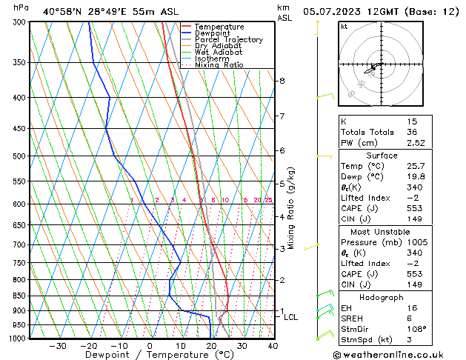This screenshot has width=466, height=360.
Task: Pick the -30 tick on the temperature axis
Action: click(58, 346)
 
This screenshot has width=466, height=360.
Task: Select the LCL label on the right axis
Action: click(291, 318)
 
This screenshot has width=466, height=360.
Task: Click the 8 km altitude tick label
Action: click(282, 81)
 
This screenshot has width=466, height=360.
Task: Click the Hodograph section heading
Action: click(383, 297)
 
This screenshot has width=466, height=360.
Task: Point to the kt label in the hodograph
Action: click(344, 27)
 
